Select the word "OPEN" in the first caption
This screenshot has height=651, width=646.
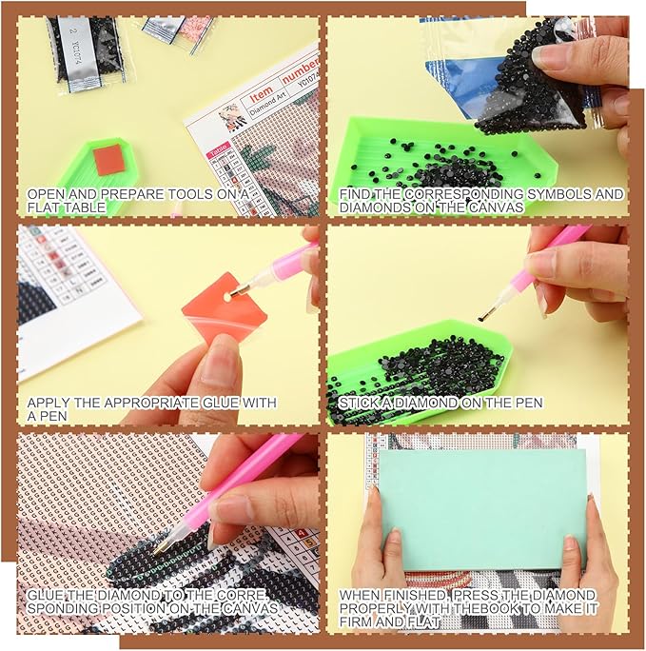[x=44, y=193]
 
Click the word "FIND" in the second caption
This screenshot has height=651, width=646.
[x=355, y=193]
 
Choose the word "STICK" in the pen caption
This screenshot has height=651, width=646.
[x=359, y=403]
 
